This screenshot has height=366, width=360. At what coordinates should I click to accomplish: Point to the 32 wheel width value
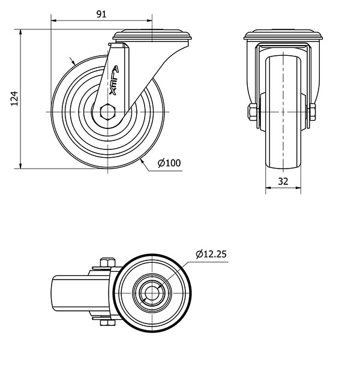[283, 181]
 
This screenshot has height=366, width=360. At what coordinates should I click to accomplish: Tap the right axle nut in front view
[313, 112]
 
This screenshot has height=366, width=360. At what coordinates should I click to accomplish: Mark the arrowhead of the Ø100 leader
[141, 160]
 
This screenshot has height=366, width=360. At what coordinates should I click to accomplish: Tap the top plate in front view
[283, 36]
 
